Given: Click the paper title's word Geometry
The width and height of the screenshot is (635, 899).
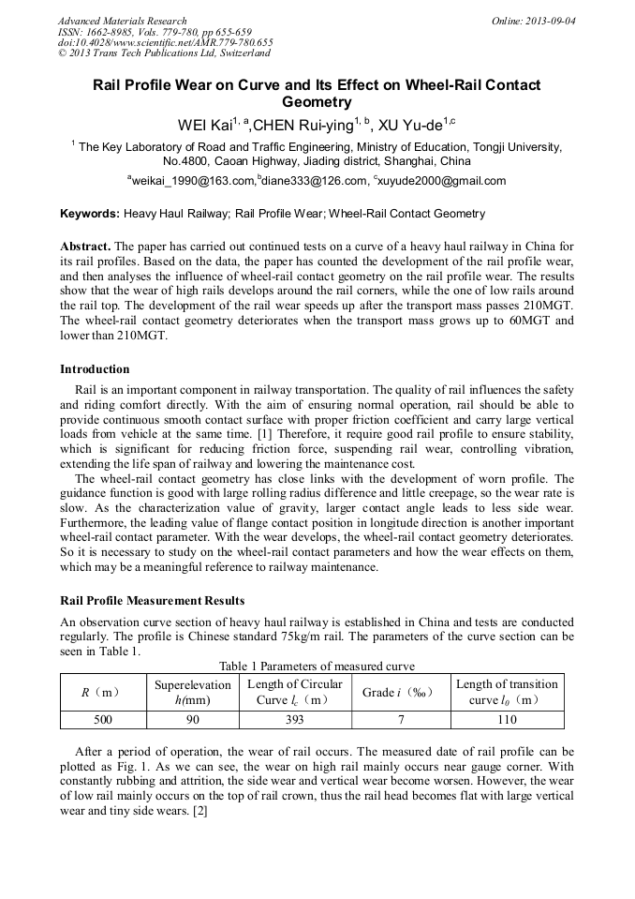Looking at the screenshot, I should click(317, 102).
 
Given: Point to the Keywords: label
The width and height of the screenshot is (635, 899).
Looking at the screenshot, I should click(90, 214).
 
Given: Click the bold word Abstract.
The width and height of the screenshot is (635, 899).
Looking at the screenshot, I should click(85, 247).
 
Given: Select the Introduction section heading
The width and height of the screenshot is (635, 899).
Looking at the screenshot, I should click(95, 368).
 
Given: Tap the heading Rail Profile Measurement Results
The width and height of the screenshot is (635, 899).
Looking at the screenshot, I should click(152, 600).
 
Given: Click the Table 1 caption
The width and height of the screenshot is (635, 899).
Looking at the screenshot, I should click(317, 667).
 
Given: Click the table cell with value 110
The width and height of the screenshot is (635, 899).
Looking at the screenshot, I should click(507, 720).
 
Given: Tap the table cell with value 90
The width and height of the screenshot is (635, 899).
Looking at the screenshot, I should click(192, 720).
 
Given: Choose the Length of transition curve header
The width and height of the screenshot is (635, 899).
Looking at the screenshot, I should click(507, 692).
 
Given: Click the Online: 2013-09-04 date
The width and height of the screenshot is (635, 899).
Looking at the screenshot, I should click(533, 21).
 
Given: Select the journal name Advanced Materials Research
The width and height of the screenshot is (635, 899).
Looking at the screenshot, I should click(122, 21).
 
